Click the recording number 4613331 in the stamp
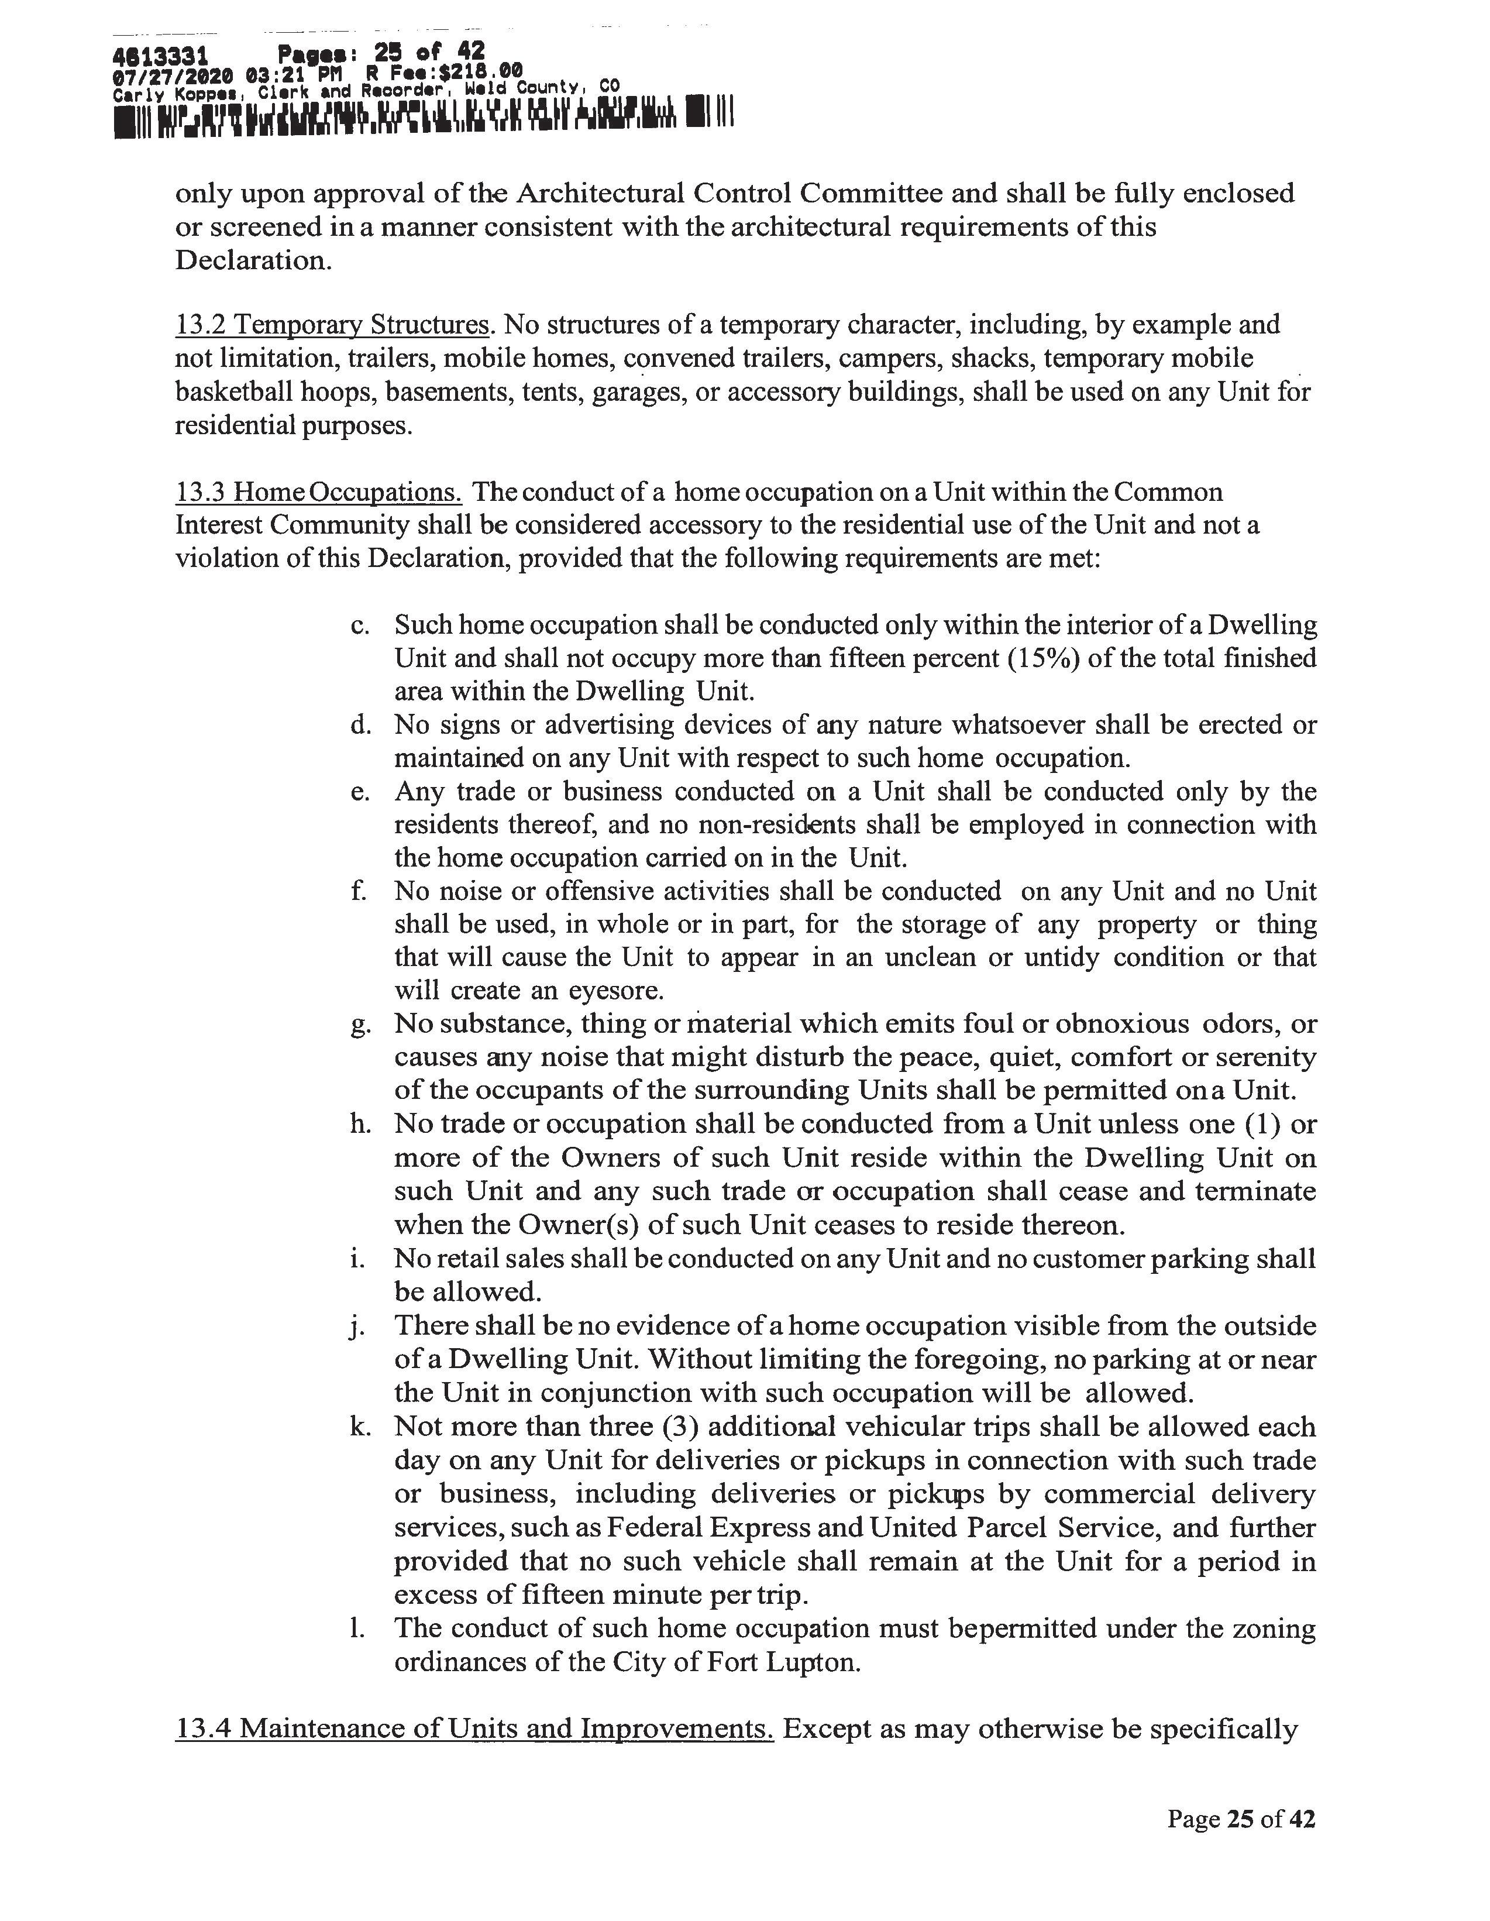[161, 57]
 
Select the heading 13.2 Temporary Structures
[332, 325]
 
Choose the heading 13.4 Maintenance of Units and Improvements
[474, 1728]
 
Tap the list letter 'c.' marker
[359, 626]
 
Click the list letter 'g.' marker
[359, 1026]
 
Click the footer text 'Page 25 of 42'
[1241, 1819]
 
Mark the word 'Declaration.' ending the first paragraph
[253, 260]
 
